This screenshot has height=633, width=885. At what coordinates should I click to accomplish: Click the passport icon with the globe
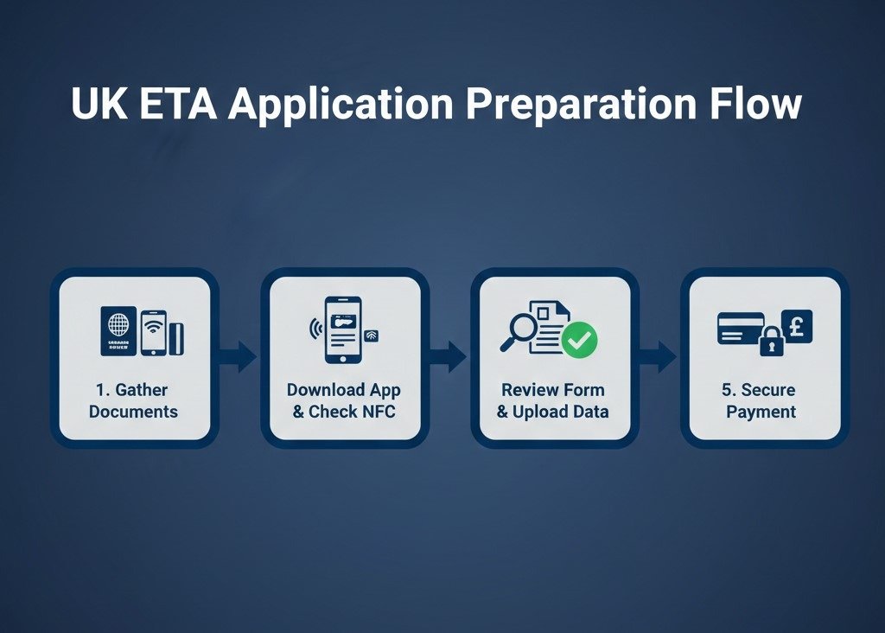(x=118, y=331)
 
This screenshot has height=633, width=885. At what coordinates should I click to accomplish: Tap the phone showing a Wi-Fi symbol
(x=153, y=331)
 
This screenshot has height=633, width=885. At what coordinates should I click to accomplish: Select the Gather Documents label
(x=133, y=400)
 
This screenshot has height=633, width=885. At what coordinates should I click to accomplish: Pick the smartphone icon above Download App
(x=342, y=329)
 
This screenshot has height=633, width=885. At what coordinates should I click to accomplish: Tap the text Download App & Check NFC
(x=344, y=400)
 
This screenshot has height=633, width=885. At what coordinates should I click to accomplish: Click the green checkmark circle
(x=579, y=342)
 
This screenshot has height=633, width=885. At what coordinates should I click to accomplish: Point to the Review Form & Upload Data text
(x=553, y=400)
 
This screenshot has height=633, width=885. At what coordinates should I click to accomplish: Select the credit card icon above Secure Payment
(x=739, y=329)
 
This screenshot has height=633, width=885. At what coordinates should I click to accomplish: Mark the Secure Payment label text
(x=761, y=400)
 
